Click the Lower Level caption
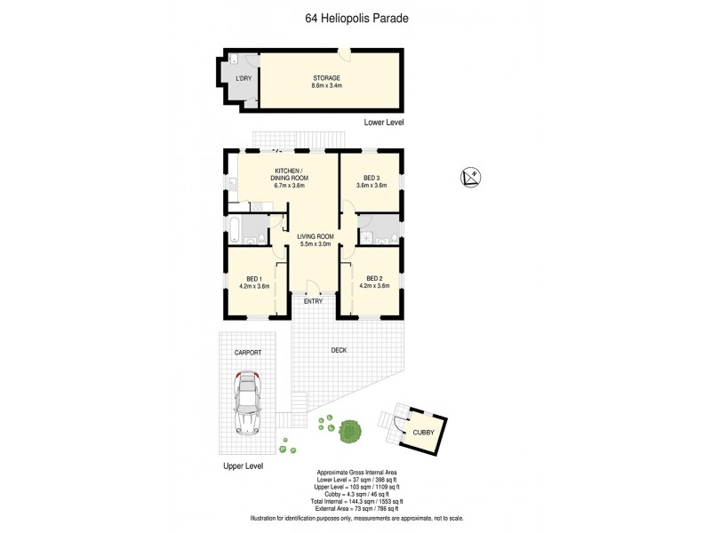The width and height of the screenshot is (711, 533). pos(384,122)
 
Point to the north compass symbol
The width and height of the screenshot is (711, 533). pos(472,178)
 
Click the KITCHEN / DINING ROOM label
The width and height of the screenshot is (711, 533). pos(288,174)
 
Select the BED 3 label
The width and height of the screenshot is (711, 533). pos(371,178)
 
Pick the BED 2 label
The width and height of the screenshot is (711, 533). pos(374,277)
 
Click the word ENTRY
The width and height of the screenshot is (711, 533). pos(313,301)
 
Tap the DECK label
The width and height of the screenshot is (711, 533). pos(339,350)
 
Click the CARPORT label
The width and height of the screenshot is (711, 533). pos(248,353)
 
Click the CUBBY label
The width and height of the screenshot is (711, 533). pos(423,434)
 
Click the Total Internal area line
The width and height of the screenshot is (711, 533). pos(355,500)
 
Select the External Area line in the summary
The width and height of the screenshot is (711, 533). pos(355,507)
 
